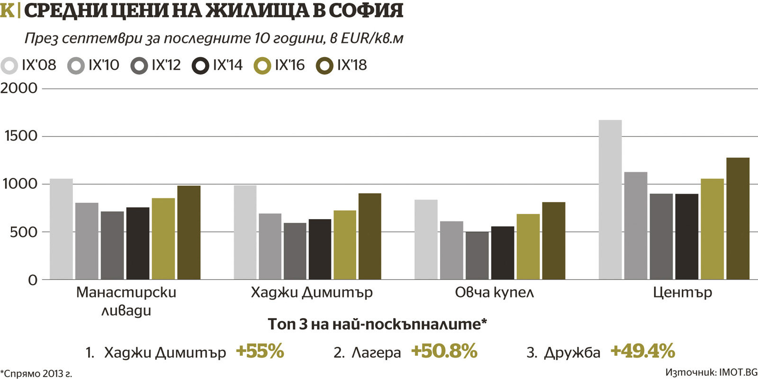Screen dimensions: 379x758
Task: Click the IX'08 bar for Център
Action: coord(610,200)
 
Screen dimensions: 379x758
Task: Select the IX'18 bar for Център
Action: coord(738,219)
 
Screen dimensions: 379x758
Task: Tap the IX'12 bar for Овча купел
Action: coord(477,256)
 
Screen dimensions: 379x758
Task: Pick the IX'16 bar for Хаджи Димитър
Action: coord(345,245)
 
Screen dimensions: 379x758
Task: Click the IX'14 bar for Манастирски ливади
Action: coord(138,243)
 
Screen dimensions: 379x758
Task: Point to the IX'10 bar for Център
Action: coord(636,226)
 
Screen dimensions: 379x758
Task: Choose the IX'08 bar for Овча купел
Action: coord(426,239)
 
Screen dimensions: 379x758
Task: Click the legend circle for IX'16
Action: coord(262,66)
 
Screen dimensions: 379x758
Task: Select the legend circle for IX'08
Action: coord(9,66)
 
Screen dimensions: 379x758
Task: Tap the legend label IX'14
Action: coord(228,65)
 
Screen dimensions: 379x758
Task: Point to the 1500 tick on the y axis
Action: coord(20,136)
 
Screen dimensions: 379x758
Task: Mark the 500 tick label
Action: coord(20,232)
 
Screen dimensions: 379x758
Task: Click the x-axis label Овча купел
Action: coord(494,292)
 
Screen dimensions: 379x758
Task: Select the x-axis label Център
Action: coord(682,292)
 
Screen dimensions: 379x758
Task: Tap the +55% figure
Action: coord(260,352)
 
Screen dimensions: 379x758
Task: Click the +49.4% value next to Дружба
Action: coord(642,352)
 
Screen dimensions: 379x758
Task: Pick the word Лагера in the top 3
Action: coord(376,353)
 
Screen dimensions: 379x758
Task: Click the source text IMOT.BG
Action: coord(738,372)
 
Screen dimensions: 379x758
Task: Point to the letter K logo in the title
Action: coord(7,10)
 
